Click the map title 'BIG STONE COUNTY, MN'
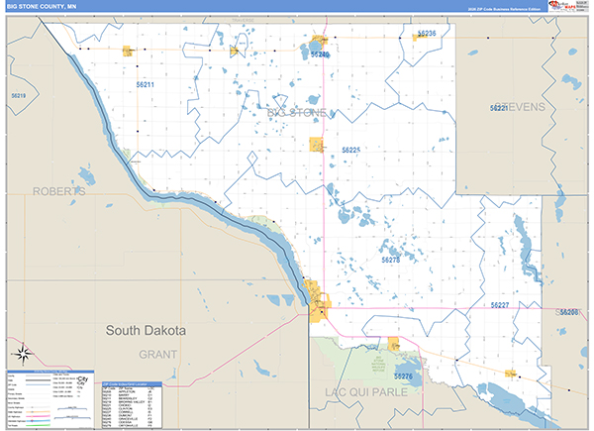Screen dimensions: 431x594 42,7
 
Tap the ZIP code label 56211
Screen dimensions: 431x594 146,85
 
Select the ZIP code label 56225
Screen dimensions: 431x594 350,150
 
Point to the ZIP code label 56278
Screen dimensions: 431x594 390,260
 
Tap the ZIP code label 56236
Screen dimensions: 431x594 426,34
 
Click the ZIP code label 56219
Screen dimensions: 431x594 17,95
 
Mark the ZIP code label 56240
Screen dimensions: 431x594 319,54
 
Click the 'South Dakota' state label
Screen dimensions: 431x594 146,330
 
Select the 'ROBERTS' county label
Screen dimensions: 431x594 59,190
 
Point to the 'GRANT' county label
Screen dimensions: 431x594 157,354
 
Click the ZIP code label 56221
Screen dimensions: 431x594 499,107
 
